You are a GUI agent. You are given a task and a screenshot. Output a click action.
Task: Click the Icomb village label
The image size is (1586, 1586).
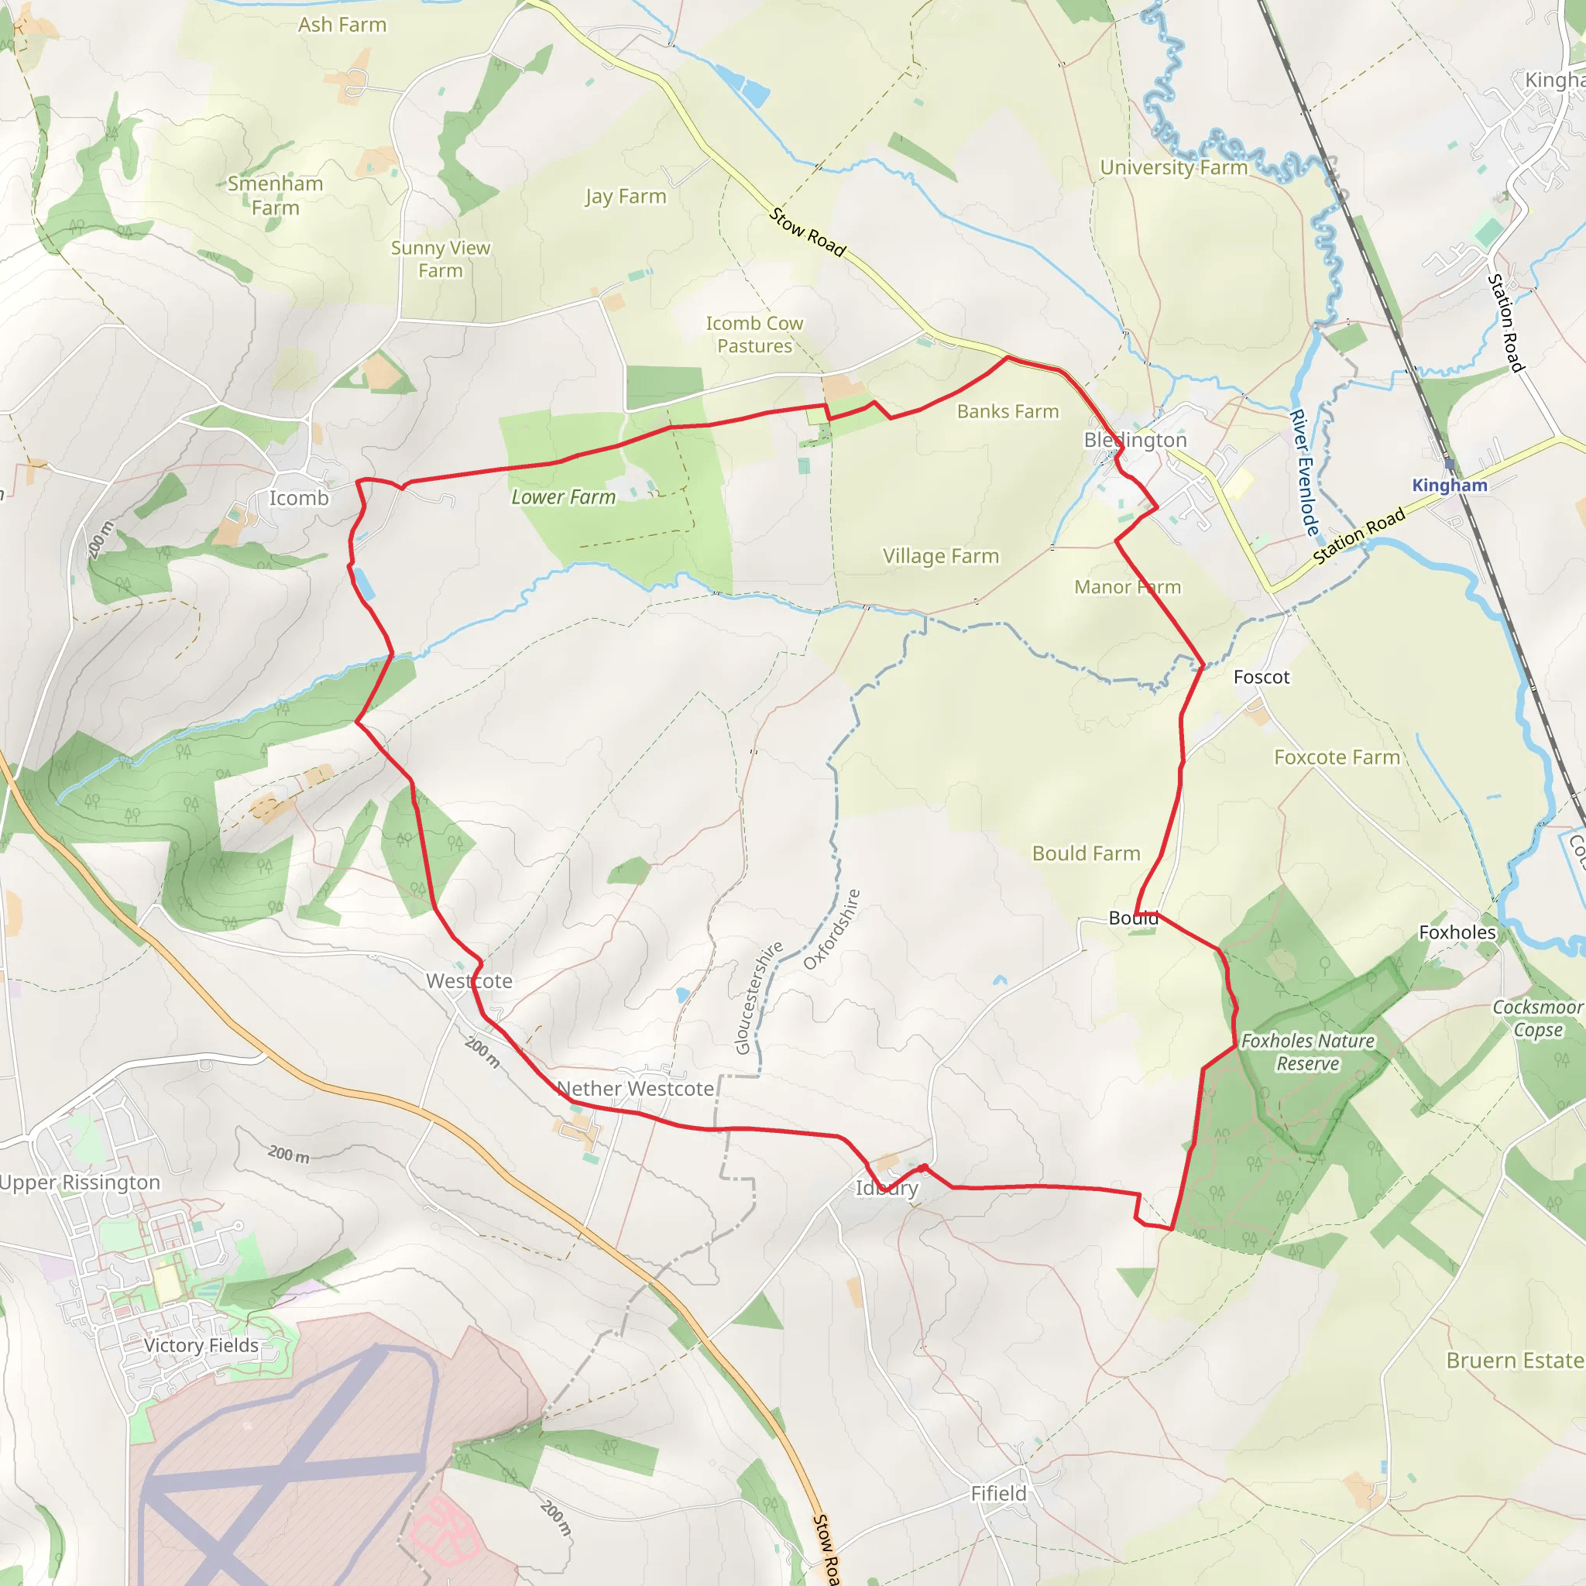pos(299,498)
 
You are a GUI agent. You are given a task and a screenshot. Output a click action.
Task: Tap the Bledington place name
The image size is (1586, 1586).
pos(1135,440)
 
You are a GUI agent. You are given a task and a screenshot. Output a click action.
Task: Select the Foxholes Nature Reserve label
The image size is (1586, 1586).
pos(1308,1052)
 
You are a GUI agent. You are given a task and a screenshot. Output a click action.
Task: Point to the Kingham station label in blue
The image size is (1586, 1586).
pos(1450,485)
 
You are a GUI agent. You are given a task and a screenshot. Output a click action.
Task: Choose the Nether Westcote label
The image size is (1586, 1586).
pos(635,1089)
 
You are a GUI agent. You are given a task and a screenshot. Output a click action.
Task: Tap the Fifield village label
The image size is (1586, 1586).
pos(998,1493)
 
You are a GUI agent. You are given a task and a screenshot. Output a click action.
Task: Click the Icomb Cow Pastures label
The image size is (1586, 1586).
pos(754,335)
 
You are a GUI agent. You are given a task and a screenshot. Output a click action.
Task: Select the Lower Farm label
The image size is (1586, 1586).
pos(563,496)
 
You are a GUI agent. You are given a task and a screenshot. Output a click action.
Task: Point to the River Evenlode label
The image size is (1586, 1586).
pos(1304,473)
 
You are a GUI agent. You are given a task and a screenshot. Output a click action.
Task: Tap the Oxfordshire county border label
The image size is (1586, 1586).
pos(832,929)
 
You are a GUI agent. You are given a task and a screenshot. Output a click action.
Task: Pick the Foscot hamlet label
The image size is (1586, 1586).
pos(1262,678)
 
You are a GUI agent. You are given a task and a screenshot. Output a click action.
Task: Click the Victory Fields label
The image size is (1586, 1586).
pos(201,1345)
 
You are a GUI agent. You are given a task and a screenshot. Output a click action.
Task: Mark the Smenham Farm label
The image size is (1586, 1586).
pos(275,195)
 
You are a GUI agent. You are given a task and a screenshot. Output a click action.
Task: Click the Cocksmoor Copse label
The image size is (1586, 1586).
pos(1537,1018)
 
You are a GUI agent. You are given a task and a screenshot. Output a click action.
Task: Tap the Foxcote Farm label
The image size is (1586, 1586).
pos(1337,757)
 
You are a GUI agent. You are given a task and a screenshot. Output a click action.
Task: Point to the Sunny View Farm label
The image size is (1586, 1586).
pos(440,259)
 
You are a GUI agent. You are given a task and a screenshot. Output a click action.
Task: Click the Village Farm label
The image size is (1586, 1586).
pos(941,557)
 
